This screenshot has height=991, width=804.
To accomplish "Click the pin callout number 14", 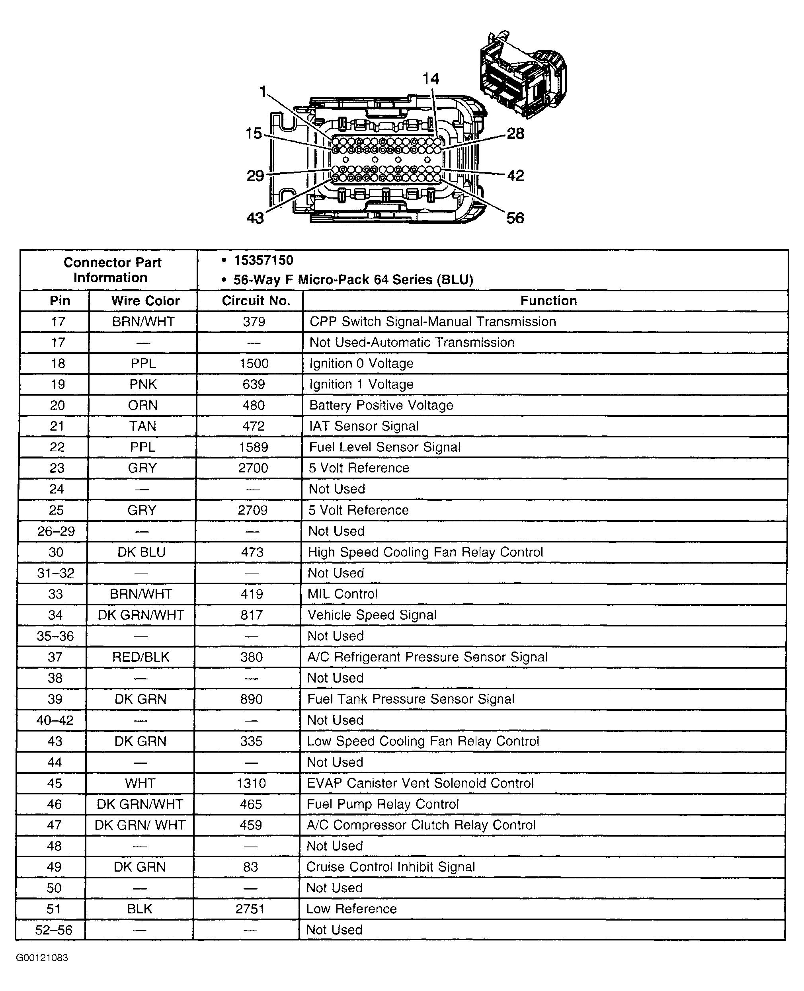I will click(431, 79).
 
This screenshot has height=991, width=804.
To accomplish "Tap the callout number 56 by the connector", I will click(515, 218).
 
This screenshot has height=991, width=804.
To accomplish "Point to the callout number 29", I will click(255, 176).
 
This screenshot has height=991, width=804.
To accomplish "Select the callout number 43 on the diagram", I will click(255, 218).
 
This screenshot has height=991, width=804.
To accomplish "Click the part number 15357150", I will click(263, 260).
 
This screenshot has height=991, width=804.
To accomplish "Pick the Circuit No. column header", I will click(256, 300).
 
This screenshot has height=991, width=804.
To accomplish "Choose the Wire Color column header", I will click(145, 300).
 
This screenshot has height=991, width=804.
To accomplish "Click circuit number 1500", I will click(254, 363).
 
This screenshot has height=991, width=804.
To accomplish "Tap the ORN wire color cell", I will click(142, 405).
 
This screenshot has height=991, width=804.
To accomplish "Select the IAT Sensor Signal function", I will click(363, 426).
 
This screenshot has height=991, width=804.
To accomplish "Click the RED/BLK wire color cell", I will click(141, 657).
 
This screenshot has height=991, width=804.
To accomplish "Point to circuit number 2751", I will click(250, 909).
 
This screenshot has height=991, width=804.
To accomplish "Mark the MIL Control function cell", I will click(342, 594).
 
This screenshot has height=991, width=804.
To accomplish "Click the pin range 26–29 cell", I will click(56, 531).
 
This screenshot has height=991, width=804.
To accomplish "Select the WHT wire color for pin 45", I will click(140, 783).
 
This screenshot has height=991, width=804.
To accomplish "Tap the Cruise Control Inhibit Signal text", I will click(390, 867).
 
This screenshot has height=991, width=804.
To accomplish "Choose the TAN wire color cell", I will click(142, 426).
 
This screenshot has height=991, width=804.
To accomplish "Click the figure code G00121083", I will click(42, 958).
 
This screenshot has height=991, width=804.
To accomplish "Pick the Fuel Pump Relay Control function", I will click(382, 804).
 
